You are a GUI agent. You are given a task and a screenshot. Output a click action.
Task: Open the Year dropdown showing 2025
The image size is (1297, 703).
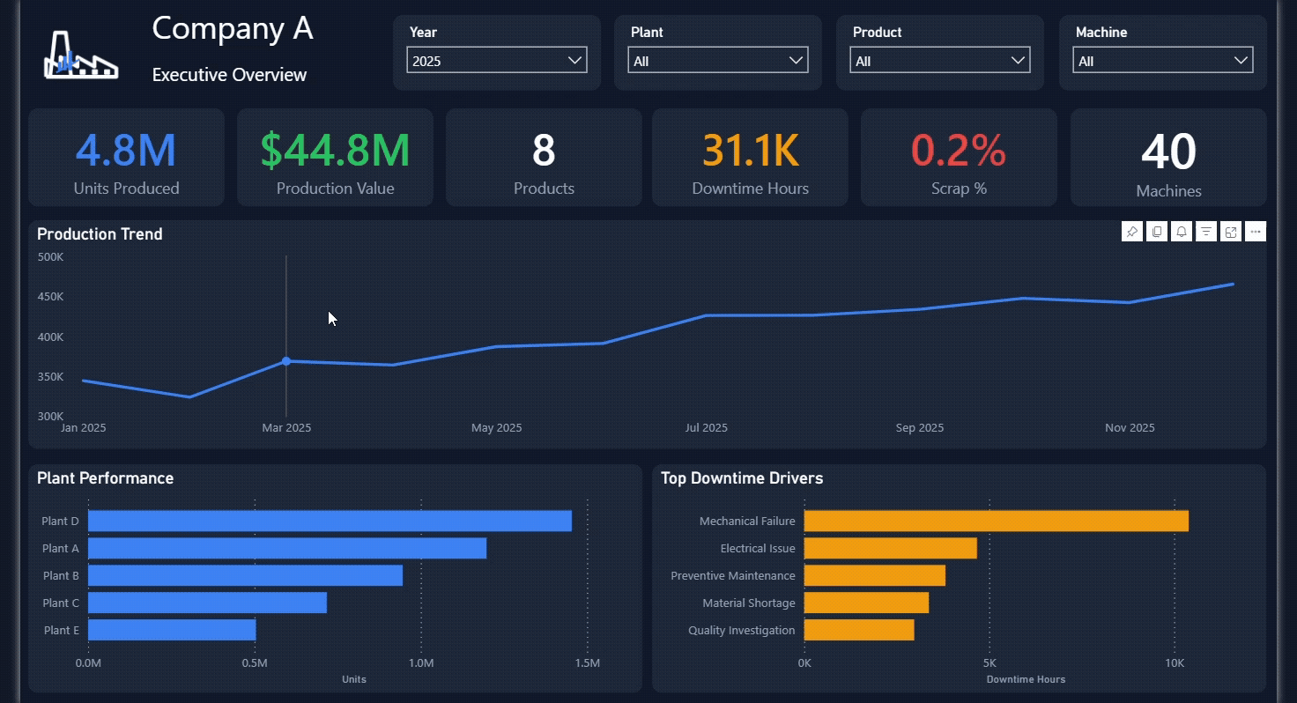[x=497, y=60]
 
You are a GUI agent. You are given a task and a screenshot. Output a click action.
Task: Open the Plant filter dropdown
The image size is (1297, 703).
[x=718, y=60]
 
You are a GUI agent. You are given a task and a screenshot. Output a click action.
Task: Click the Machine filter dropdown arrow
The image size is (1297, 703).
[x=1241, y=60]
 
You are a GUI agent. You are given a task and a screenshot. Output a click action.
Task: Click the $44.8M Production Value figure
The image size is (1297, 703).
[x=335, y=151]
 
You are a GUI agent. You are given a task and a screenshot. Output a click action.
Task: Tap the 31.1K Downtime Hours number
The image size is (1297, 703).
[x=751, y=151]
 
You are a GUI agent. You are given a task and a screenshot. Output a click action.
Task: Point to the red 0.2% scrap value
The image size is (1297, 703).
[x=959, y=151]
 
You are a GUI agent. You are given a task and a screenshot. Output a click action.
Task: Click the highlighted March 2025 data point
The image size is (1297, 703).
[x=286, y=361]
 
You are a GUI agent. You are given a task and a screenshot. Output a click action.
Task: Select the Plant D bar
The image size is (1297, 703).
[x=330, y=521]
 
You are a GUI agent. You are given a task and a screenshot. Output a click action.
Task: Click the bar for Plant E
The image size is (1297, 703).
[x=172, y=630]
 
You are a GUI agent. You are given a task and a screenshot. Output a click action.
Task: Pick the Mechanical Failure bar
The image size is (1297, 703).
[x=997, y=521]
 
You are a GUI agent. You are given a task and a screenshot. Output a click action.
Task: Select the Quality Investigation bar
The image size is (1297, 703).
[x=859, y=630]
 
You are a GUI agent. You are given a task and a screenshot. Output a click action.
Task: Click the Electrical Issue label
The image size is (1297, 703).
[x=758, y=548]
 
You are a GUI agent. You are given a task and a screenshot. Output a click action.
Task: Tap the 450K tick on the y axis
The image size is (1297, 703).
[x=50, y=297]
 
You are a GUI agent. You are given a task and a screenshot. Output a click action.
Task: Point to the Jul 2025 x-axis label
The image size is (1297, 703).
[x=707, y=427]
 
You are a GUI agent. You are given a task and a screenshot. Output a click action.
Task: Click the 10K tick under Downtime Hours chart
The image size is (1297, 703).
[x=1175, y=662]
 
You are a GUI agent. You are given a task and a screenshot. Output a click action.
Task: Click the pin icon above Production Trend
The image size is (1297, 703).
[x=1132, y=232]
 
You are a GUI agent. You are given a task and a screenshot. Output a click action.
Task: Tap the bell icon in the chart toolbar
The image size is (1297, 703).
[x=1182, y=232]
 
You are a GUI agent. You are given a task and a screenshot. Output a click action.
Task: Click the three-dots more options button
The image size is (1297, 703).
[x=1256, y=232]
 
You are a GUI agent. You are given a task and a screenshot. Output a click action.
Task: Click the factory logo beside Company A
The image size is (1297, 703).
[x=81, y=55]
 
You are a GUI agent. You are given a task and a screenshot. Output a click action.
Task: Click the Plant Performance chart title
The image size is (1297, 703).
[x=106, y=478]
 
